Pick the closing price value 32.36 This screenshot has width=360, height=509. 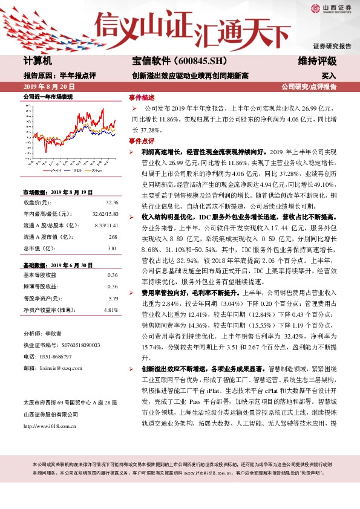(111, 203)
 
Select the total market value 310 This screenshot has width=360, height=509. (111, 248)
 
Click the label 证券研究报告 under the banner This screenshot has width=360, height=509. (332, 46)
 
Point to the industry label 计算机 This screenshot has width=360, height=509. (38, 61)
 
